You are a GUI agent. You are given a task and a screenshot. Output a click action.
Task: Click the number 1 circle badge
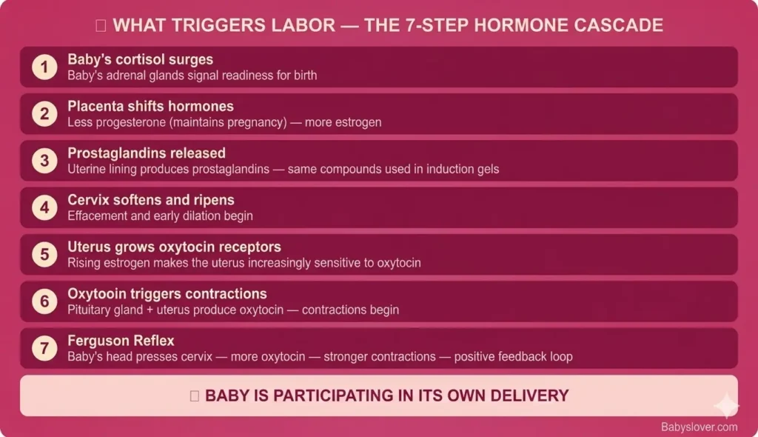point(44,67)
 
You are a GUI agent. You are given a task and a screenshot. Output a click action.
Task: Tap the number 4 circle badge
point(44,208)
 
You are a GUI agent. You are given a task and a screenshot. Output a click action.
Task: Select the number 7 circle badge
point(44,349)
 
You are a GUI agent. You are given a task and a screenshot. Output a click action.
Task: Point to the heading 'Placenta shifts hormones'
point(150,106)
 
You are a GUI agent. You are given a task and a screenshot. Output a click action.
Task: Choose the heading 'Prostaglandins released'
point(147,153)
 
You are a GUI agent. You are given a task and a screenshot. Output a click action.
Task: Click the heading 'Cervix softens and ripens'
point(151,200)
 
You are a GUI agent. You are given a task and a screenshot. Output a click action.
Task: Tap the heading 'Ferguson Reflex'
point(121,341)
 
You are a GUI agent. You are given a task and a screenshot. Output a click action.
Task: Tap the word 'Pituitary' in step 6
point(90,310)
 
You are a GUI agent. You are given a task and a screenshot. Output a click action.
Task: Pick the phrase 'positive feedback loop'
point(513,356)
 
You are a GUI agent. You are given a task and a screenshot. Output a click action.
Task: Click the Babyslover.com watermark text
point(700,427)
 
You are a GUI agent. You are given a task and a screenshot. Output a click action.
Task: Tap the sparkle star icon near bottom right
point(726,405)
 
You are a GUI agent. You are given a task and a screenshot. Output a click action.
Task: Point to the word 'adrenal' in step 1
point(123,75)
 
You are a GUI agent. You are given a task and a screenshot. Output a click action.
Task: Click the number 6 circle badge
point(44,302)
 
